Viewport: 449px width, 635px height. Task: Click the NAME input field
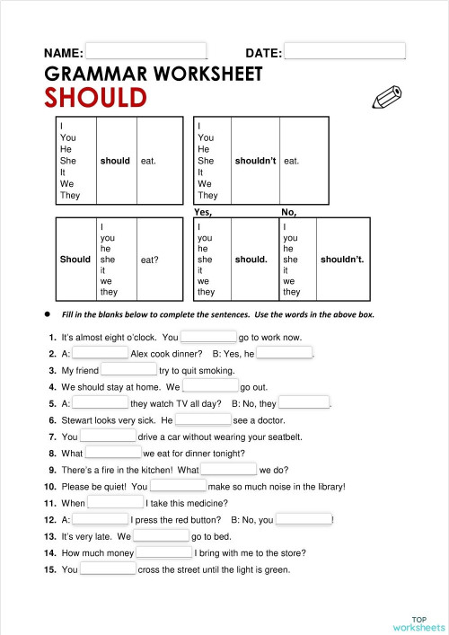[145, 52]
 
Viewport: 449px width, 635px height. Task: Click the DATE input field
[344, 52]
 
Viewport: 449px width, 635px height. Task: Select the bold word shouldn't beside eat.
[255, 161]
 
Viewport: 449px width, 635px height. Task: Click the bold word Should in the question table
[75, 260]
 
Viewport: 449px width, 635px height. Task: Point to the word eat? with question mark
[150, 260]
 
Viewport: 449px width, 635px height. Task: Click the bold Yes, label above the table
[203, 212]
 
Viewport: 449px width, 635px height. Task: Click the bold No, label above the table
[289, 212]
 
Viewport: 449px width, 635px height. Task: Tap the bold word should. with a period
[251, 260]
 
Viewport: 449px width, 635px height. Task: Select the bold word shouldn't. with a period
[342, 260]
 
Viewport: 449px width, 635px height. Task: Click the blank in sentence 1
[208, 337]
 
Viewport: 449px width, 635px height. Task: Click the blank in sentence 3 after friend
[128, 369]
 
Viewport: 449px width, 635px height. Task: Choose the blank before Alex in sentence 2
[101, 353]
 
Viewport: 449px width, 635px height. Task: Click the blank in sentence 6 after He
[203, 419]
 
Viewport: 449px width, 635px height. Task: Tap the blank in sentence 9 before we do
[229, 469]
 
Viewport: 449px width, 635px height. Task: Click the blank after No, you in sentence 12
[304, 518]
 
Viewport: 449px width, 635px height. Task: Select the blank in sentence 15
[109, 569]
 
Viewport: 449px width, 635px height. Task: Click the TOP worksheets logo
[418, 622]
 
